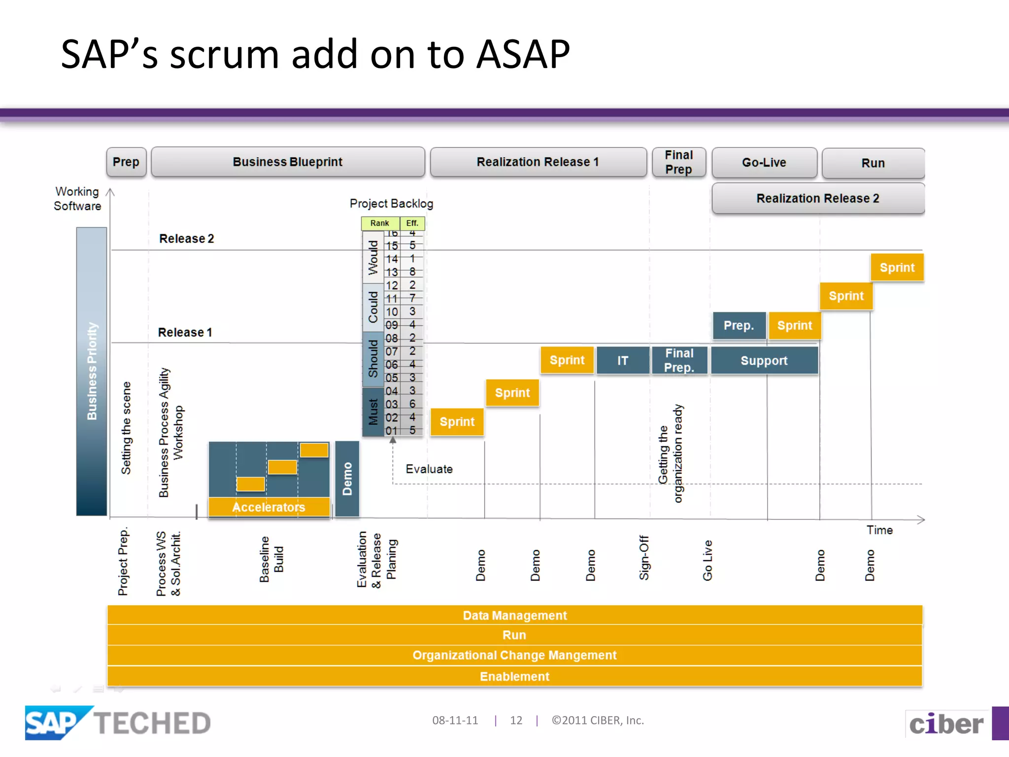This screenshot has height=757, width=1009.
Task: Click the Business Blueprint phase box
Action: coord(288,162)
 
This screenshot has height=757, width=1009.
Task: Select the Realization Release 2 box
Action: coord(818,198)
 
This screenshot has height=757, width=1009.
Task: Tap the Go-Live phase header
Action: coord(764,163)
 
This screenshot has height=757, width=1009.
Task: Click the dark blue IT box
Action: coord(623,361)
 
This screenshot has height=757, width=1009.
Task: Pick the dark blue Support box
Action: coord(764,361)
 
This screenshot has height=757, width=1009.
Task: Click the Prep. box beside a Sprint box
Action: coord(739,326)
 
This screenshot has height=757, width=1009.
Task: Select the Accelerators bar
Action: coord(269,507)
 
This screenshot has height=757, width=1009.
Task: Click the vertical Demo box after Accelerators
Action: coord(347,479)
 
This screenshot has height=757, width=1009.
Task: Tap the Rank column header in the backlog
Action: coord(380,223)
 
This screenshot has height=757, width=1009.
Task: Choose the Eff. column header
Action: coord(412,223)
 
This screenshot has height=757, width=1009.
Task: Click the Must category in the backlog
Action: coord(373,412)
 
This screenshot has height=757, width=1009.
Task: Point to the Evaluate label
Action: coord(429,469)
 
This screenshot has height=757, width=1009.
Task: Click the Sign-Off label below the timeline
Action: coord(644,557)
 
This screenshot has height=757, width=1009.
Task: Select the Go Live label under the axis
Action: coord(707,560)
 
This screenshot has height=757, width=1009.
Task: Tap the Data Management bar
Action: coord(514,616)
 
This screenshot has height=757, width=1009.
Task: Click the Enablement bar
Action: coord(514,677)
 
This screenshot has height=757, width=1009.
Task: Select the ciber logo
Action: coord(946,724)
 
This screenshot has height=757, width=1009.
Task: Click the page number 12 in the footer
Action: coord(516,721)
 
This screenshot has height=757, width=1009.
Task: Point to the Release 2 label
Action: coord(186,239)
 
